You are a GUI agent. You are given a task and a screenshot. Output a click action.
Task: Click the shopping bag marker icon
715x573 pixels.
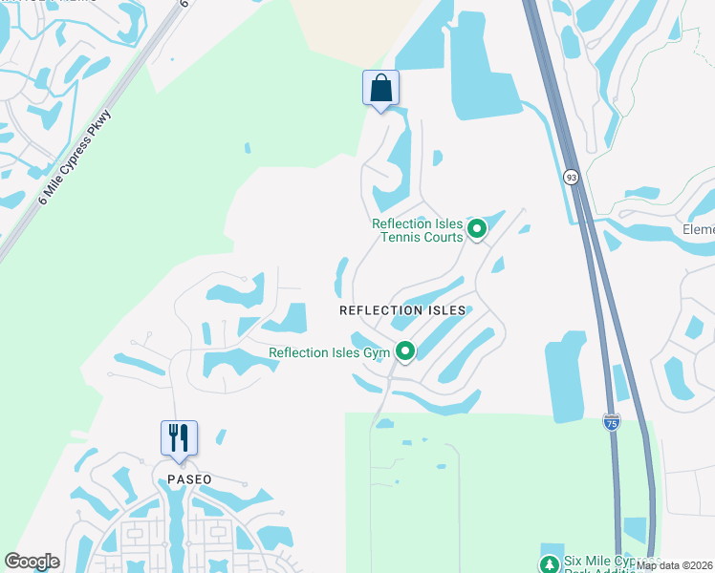[380, 88]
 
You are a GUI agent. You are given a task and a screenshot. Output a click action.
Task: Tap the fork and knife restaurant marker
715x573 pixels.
[179, 438]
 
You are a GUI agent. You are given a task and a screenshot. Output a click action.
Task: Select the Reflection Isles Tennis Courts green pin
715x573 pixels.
[476, 229]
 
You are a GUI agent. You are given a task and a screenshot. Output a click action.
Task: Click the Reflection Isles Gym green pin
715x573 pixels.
[405, 352]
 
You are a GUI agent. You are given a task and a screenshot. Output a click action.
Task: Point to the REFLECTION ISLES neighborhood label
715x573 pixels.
[402, 310]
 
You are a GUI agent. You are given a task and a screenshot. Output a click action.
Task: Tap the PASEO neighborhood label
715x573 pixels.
[188, 479]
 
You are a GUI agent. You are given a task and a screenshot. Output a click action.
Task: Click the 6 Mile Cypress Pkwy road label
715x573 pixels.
[76, 158]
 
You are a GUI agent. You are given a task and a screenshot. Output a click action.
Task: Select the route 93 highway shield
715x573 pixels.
[571, 177]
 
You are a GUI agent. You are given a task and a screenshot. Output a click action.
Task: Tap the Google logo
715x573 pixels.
[32, 562]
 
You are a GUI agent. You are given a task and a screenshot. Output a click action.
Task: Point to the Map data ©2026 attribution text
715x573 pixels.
[675, 565]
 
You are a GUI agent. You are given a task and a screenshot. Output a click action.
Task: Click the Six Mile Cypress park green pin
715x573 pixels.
[550, 563]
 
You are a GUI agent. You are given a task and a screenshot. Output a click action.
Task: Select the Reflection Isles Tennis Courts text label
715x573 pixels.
[417, 230]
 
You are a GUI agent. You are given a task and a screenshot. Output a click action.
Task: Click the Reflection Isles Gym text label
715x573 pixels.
[330, 352]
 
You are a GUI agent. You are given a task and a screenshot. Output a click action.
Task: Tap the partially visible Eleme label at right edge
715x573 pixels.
[699, 230]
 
